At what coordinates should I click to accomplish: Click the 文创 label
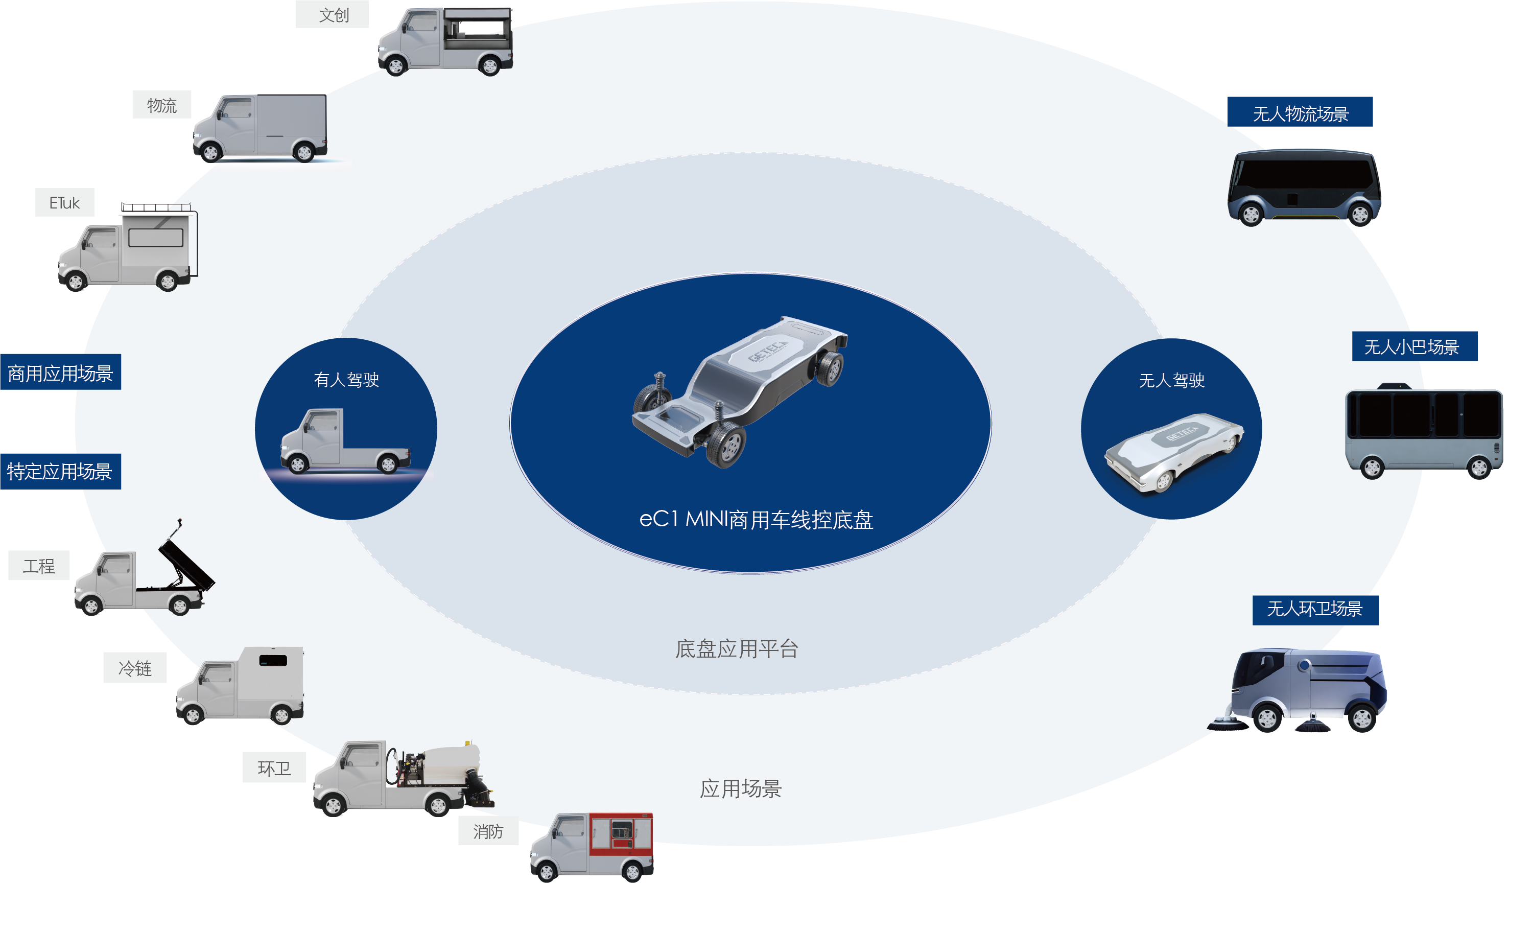pos(333,15)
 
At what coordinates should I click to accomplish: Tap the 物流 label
pos(161,105)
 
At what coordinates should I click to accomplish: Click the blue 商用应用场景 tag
pos(60,373)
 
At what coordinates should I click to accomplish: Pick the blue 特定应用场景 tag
pos(60,472)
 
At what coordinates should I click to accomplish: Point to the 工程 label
pos(38,566)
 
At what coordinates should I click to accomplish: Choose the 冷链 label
pos(135,668)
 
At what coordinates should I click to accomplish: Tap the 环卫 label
pos(274,768)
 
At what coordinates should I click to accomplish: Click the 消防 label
pos(488,831)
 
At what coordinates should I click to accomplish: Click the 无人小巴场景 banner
pos(1415,346)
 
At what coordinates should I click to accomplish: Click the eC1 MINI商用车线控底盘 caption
pos(756,519)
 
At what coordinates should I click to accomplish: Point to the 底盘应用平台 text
pos(737,648)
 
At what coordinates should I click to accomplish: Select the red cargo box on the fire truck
pos(621,833)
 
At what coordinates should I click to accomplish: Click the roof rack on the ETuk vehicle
pos(156,206)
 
